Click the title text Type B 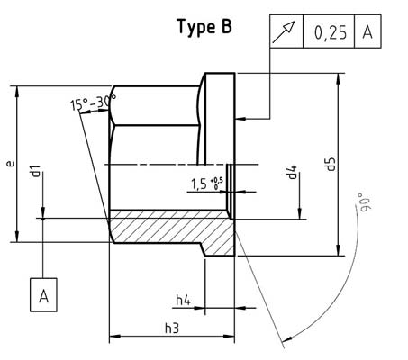tap(203, 27)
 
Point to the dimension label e tap(9, 165)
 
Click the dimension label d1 tap(34, 173)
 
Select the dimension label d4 tap(293, 171)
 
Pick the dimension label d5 tap(331, 164)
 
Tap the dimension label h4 tap(183, 299)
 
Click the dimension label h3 tap(171, 329)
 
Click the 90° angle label tap(362, 200)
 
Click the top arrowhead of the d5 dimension tap(339, 78)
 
